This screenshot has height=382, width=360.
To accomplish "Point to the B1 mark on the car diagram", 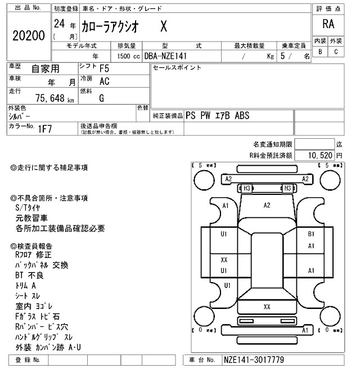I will [310, 234].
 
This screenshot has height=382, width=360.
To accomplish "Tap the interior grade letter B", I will [321, 52].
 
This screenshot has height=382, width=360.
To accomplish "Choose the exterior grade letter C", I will [336, 52].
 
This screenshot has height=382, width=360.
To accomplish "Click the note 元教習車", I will [31, 218].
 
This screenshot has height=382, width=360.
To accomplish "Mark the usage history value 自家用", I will [44, 69].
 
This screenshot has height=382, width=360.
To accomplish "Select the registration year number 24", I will [58, 24].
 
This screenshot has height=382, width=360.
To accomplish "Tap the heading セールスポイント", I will [177, 68].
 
